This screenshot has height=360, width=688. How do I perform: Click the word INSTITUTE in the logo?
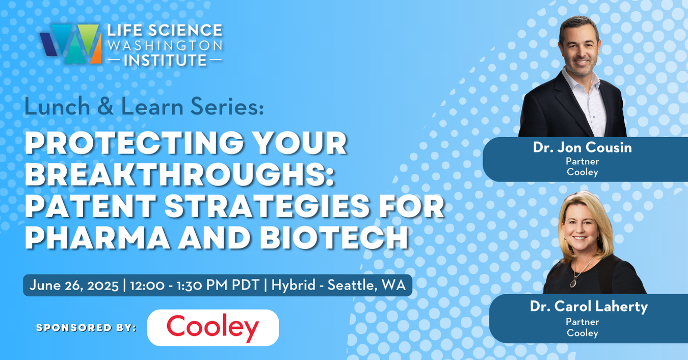click(x=164, y=60)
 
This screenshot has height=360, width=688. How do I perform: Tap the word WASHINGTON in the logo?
click(x=165, y=45)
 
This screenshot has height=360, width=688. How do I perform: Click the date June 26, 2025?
click(x=74, y=285)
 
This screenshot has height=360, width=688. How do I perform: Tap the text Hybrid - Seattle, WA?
click(x=338, y=285)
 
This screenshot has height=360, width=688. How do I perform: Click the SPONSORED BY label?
click(x=86, y=327)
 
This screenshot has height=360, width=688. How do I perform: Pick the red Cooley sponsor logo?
click(x=213, y=327)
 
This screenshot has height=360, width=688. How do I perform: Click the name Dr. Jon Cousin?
click(x=582, y=148)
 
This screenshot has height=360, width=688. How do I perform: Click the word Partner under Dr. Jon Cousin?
click(x=582, y=161)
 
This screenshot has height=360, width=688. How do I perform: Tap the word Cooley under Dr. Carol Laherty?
click(x=582, y=333)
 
